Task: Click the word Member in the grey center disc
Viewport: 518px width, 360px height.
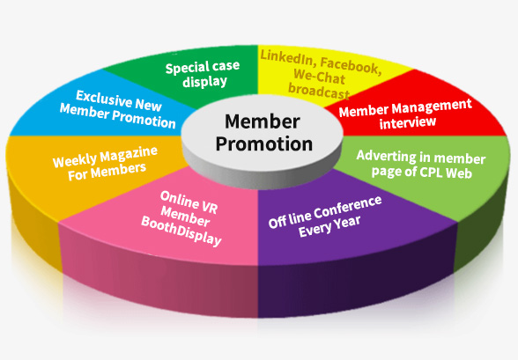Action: point(263,121)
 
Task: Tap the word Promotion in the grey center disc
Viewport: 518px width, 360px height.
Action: point(264,143)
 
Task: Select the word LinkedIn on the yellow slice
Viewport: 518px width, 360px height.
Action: point(286,57)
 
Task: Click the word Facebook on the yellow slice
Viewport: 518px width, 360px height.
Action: point(351,66)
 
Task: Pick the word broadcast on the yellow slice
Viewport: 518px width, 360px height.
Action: point(319,91)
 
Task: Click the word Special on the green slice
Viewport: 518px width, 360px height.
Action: point(187,69)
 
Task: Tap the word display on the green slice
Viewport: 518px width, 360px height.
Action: point(204,82)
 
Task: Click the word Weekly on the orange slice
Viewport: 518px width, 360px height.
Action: point(76,160)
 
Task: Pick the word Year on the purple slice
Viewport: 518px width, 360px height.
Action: point(347,224)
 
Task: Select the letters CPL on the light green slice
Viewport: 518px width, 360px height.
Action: point(431,173)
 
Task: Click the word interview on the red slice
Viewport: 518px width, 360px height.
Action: point(408,122)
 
